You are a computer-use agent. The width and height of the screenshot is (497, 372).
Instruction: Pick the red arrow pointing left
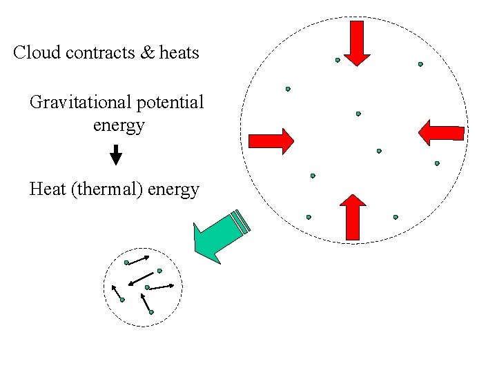tap(442, 132)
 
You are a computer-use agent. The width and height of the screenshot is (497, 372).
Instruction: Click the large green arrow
tap(217, 234)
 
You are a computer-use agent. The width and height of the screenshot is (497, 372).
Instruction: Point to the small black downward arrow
tap(116, 155)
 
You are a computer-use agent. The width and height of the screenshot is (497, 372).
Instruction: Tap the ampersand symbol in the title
tap(148, 52)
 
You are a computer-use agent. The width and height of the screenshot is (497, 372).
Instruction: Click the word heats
tap(179, 52)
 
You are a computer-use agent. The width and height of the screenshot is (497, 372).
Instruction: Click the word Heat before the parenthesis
tap(48, 189)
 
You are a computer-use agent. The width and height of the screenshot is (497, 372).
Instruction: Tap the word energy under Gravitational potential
tap(118, 125)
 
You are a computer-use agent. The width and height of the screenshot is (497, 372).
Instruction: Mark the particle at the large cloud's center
tap(358, 114)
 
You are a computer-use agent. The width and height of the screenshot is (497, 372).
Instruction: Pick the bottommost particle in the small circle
tap(151, 312)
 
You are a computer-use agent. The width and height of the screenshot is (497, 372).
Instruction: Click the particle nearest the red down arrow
tap(338, 60)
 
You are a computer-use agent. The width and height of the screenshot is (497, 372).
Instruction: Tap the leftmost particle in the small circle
tap(122, 300)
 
